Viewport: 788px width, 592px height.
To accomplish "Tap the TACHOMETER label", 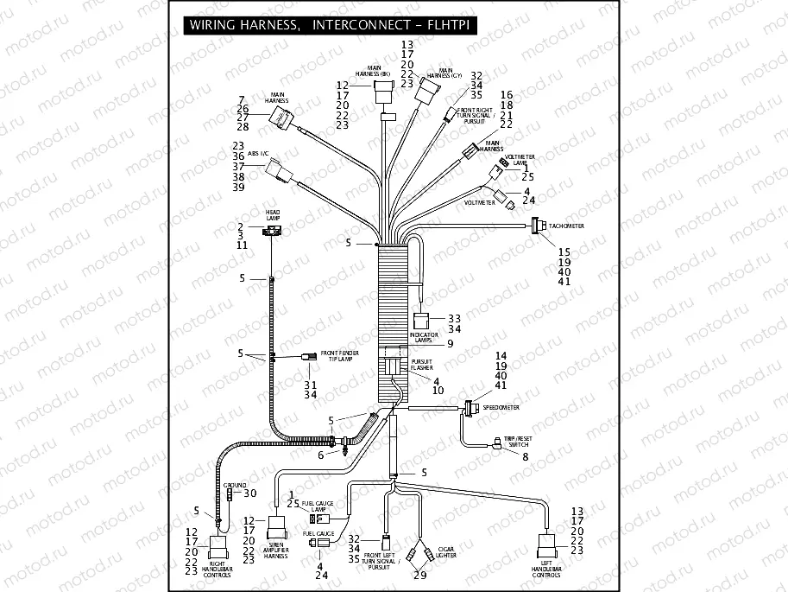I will (x=566, y=226).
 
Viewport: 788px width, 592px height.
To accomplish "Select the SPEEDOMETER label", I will (x=501, y=406).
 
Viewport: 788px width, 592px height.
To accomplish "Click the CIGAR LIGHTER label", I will (x=446, y=552).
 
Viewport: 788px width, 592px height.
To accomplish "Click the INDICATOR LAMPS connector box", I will (x=422, y=321).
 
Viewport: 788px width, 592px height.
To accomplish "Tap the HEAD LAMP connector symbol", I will (x=272, y=231).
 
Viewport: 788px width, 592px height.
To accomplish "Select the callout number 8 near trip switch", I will (x=525, y=456).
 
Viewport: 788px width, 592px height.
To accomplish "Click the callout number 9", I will (x=450, y=343).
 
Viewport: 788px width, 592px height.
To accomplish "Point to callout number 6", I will (x=320, y=455).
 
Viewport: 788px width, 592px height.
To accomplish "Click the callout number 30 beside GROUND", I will (x=250, y=493).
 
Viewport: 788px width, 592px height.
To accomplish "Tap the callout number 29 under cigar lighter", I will (x=420, y=576).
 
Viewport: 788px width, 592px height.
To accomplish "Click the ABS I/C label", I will (x=259, y=153).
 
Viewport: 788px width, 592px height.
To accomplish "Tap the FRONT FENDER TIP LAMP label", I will (x=340, y=356).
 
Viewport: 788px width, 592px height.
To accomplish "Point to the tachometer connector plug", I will (x=536, y=226).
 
